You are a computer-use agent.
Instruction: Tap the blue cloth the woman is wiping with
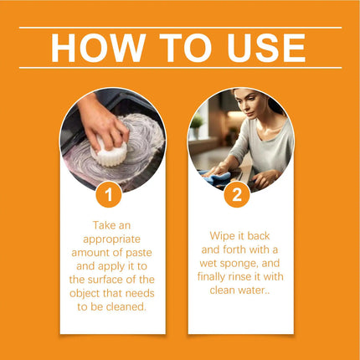220,177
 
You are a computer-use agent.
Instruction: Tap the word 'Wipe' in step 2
222,236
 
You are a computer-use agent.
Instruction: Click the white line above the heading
179,28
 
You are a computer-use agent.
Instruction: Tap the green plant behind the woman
198,124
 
